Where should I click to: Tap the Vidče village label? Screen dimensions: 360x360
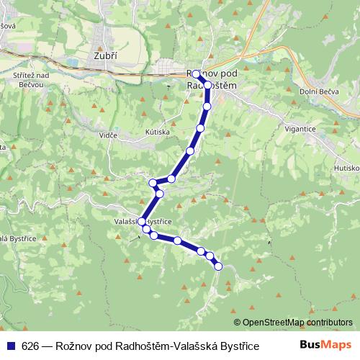click(109, 134)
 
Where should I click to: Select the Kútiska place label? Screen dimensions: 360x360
click(156, 132)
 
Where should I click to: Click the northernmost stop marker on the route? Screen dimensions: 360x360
click(196, 73)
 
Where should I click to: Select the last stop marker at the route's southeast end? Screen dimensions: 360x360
click(219, 266)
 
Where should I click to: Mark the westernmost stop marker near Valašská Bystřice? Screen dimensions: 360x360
click(142, 222)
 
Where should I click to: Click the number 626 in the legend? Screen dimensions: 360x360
click(30, 346)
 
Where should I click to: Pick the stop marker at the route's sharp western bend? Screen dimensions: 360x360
click(153, 183)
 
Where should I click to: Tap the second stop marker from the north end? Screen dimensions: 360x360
click(208, 85)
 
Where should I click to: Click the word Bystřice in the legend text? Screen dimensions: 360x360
click(238, 346)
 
